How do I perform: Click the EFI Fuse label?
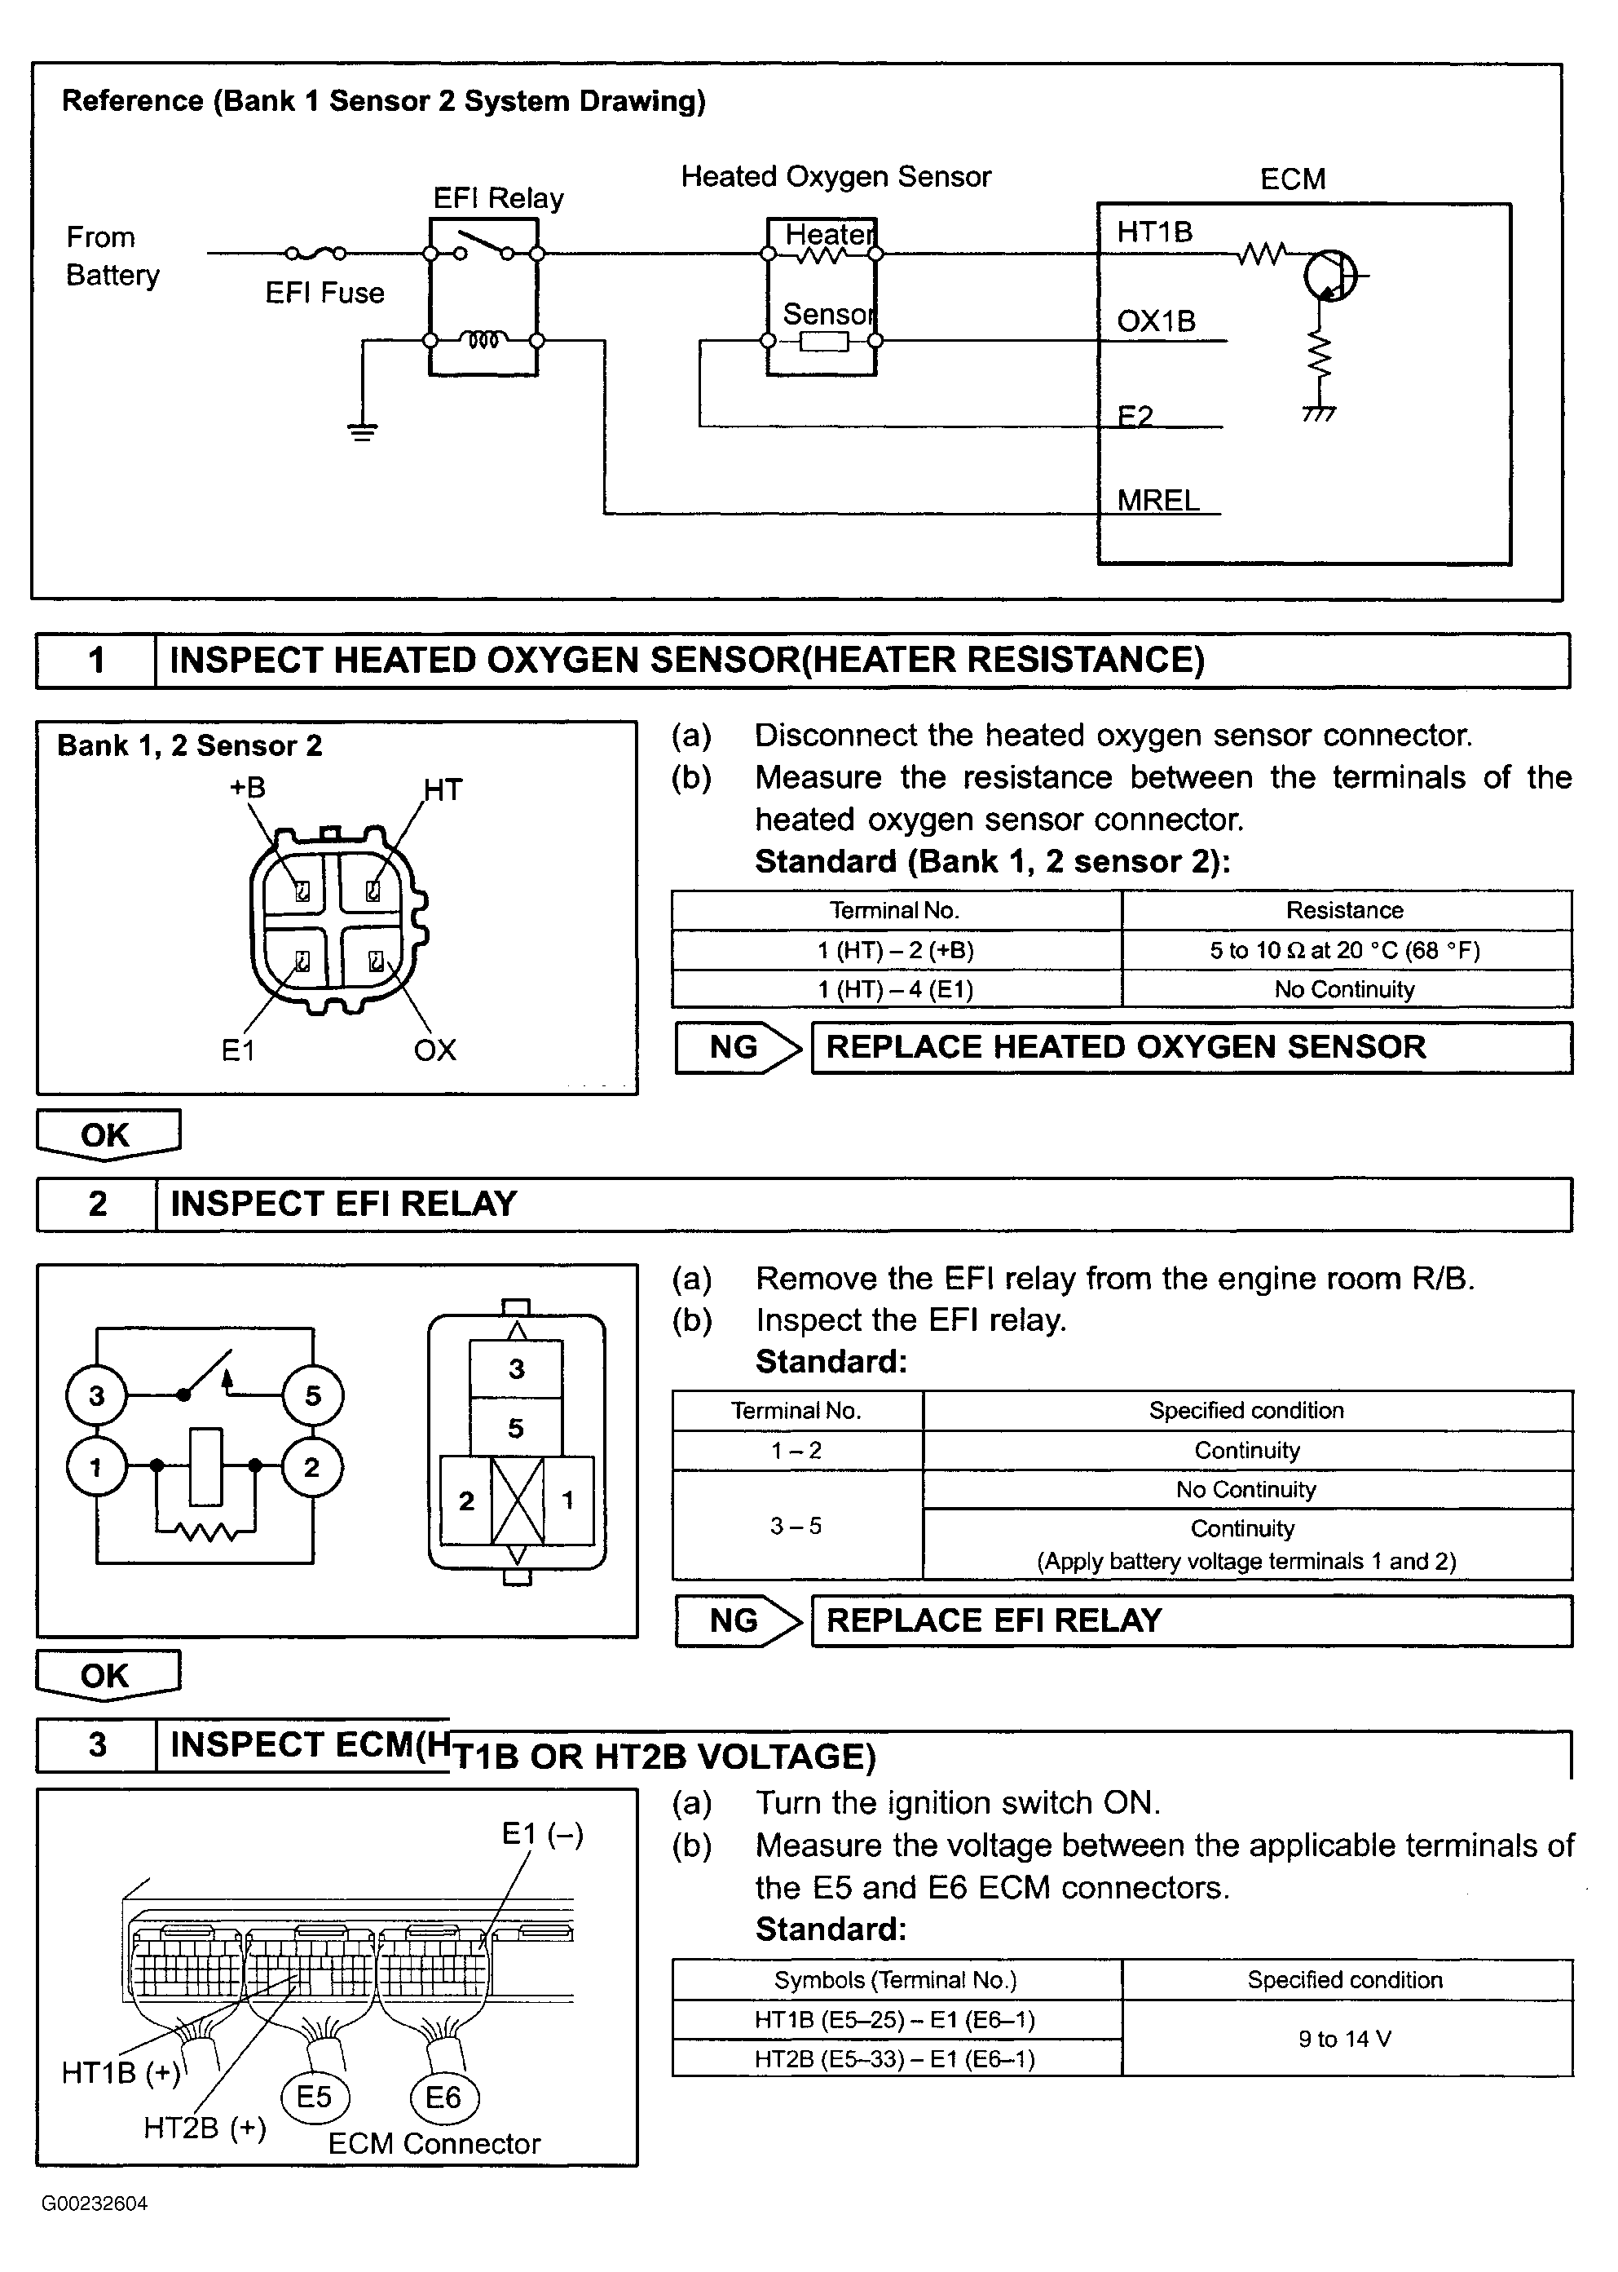pos(324,293)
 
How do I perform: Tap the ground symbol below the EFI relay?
pos(363,431)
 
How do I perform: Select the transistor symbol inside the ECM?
pos(1330,275)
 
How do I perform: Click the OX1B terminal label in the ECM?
pos(1156,320)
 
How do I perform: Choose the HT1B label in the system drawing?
pos(1153,232)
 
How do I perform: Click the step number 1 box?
pos(97,661)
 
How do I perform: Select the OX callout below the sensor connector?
pos(434,1050)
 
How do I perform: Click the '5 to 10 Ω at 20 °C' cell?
pos(1346,951)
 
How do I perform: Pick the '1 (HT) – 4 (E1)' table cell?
pos(896,989)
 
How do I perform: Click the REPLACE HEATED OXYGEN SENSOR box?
pos(1192,1047)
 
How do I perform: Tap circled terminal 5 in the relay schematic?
pos(313,1395)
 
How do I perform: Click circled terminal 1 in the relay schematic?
pos(97,1467)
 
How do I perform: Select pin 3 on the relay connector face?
pos(516,1369)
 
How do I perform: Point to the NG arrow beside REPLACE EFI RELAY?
pos(738,1621)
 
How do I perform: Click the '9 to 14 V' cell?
pos(1346,2039)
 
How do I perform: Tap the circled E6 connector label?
pos(443,2097)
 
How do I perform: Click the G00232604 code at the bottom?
pos(95,2203)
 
